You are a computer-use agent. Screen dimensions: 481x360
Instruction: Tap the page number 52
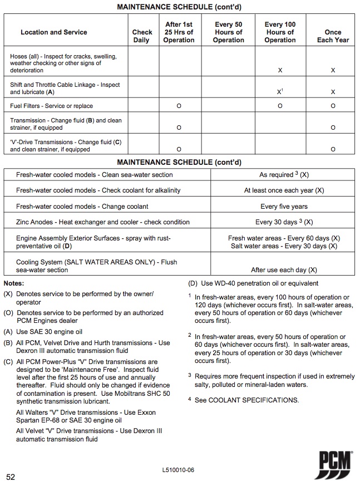pyautogui.click(x=11, y=477)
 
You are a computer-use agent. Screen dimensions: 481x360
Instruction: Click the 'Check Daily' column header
pyautogui.click(x=142, y=36)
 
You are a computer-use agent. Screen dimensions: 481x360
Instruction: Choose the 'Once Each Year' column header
pyautogui.click(x=333, y=36)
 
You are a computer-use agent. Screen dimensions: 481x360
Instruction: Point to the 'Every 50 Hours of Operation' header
pyautogui.click(x=228, y=32)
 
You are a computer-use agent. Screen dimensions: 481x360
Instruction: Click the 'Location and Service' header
pyautogui.click(x=54, y=32)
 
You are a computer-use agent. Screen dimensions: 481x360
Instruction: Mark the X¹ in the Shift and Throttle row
pyautogui.click(x=280, y=91)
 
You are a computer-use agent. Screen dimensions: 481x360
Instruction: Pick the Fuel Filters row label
pyautogui.click(x=52, y=106)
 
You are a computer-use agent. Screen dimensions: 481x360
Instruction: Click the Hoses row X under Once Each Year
pyautogui.click(x=333, y=71)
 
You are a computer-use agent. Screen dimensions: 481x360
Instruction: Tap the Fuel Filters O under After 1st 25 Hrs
pyautogui.click(x=179, y=106)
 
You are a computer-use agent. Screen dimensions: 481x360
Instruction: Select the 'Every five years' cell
pyautogui.click(x=284, y=207)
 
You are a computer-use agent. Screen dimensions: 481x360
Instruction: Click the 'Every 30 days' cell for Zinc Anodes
pyautogui.click(x=284, y=222)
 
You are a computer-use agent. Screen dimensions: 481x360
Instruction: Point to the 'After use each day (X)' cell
pyautogui.click(x=284, y=270)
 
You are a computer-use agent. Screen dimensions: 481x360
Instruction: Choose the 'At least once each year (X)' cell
pyautogui.click(x=284, y=190)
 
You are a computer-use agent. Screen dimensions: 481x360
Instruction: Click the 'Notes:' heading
pyautogui.click(x=14, y=283)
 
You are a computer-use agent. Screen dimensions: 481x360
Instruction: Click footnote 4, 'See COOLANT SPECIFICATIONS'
pyautogui.click(x=246, y=400)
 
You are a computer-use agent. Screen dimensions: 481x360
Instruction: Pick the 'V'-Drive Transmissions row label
pyautogui.click(x=66, y=146)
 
